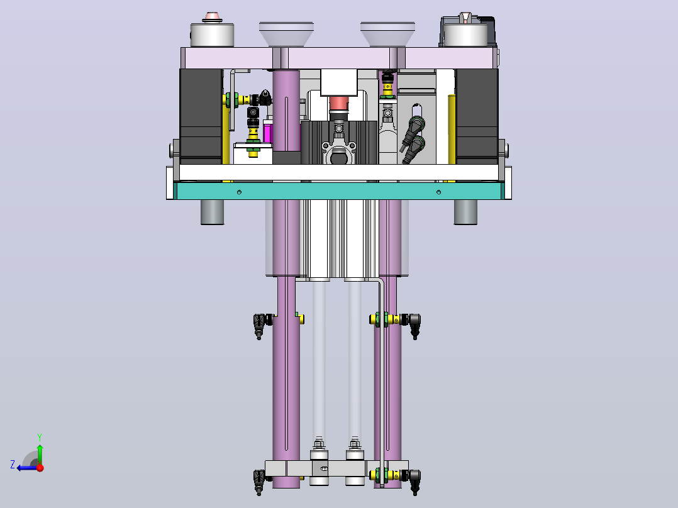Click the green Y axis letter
click(40, 437)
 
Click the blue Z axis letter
click(13, 465)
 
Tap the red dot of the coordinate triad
click(40, 467)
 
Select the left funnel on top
click(286, 34)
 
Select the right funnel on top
click(387, 34)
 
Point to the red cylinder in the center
click(338, 104)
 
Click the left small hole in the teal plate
click(239, 192)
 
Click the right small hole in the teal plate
click(438, 192)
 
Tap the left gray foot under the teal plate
click(213, 212)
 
